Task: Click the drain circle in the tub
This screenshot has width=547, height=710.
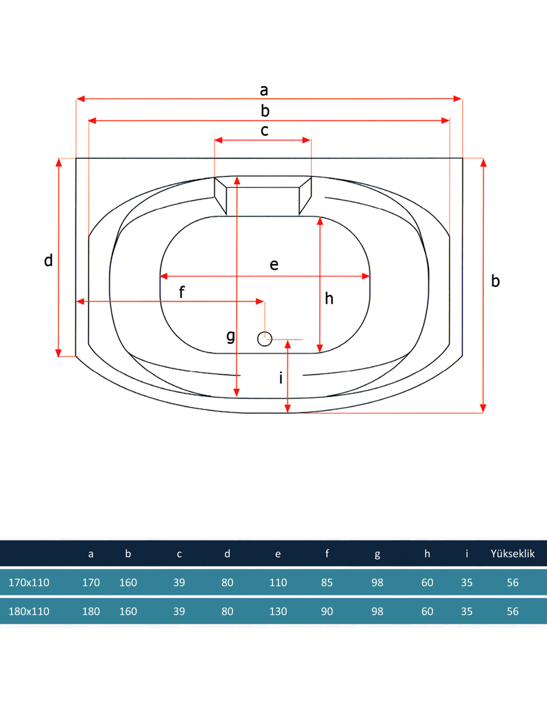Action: coord(264,339)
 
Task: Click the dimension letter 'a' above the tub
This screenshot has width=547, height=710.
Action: coord(264,90)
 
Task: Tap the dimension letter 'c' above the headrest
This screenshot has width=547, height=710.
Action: coord(264,131)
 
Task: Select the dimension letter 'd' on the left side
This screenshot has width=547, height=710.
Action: coord(48,260)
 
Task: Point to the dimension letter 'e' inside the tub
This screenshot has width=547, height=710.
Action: coord(274,265)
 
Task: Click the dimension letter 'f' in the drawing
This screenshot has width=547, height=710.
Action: coord(182,292)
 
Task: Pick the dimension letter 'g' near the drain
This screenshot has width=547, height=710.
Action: coord(231,336)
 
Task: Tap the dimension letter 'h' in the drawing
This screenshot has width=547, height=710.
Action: coord(329,299)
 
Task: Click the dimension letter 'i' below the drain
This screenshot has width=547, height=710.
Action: coord(281,378)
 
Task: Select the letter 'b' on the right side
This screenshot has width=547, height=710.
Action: coord(495,281)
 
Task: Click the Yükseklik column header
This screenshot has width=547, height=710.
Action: coord(512,554)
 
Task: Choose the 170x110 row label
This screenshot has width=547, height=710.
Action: coord(29,582)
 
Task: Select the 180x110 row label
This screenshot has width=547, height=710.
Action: coord(29,611)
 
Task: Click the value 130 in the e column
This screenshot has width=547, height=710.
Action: coord(278,611)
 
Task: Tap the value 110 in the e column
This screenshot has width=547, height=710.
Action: coord(278,582)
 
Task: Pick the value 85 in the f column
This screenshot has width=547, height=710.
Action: coord(327,582)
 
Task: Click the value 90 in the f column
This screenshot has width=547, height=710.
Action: coord(327,611)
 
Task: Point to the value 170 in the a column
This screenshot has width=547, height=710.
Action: coord(91,582)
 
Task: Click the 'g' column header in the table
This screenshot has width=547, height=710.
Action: coord(377,554)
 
